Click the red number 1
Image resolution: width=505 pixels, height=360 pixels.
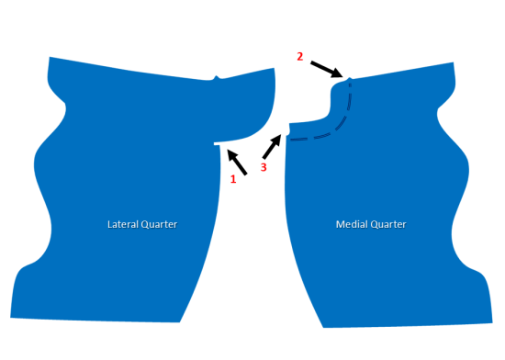(233, 179)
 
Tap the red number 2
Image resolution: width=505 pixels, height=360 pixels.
(299, 56)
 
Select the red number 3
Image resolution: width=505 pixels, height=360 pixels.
(264, 168)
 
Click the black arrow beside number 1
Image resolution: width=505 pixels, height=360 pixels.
(237, 160)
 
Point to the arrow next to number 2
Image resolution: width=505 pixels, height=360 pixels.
(326, 69)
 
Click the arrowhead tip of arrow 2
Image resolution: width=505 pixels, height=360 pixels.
(343, 77)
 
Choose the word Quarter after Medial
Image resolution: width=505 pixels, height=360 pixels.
(386, 224)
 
